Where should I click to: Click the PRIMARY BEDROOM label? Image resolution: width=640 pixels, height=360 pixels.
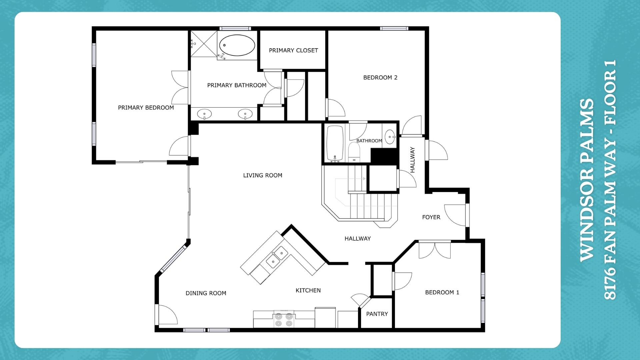point(146,108)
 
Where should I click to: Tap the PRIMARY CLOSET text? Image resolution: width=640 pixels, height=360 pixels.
point(293,50)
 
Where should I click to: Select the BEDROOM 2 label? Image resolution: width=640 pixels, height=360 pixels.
point(380,78)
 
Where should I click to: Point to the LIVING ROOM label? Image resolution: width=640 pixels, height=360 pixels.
point(262,175)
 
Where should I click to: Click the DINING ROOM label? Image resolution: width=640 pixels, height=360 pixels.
point(206,293)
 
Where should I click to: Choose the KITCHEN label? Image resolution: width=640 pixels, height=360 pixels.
point(308,291)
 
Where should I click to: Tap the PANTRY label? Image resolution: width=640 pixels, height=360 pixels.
point(377,314)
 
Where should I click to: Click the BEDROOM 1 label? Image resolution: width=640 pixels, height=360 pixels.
point(442,292)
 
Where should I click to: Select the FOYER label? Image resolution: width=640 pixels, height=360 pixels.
point(431,217)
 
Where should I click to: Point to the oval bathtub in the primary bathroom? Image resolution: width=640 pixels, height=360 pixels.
point(237,45)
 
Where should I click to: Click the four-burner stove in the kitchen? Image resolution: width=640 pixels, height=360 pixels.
point(284,319)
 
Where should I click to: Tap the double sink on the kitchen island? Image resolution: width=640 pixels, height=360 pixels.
point(277,257)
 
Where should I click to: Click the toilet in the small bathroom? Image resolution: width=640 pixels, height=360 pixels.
point(354,152)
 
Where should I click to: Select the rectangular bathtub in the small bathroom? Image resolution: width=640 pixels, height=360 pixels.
point(335,143)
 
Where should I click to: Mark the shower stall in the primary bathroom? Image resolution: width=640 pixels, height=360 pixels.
point(204,44)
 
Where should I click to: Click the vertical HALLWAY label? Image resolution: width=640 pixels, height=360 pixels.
point(412,160)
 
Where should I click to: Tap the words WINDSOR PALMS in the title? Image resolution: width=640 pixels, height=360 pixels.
point(587,180)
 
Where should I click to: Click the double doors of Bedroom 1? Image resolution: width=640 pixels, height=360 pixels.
point(435,250)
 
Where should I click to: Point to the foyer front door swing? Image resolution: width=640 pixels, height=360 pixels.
point(455,215)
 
